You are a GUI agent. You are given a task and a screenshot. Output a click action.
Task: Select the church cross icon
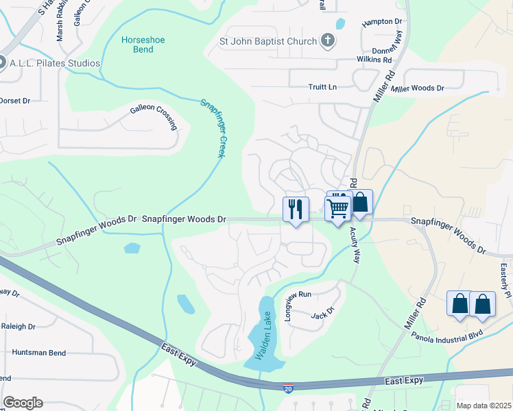328,41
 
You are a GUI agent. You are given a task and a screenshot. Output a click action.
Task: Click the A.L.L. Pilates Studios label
55,63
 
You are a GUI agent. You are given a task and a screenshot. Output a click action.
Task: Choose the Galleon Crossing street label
155,116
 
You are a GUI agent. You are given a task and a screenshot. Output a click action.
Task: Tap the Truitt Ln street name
322,87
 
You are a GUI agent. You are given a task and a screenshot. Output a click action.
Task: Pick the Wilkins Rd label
355,60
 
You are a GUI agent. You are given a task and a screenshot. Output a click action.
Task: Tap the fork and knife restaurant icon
296,209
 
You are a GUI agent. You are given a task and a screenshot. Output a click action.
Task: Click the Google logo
23,403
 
